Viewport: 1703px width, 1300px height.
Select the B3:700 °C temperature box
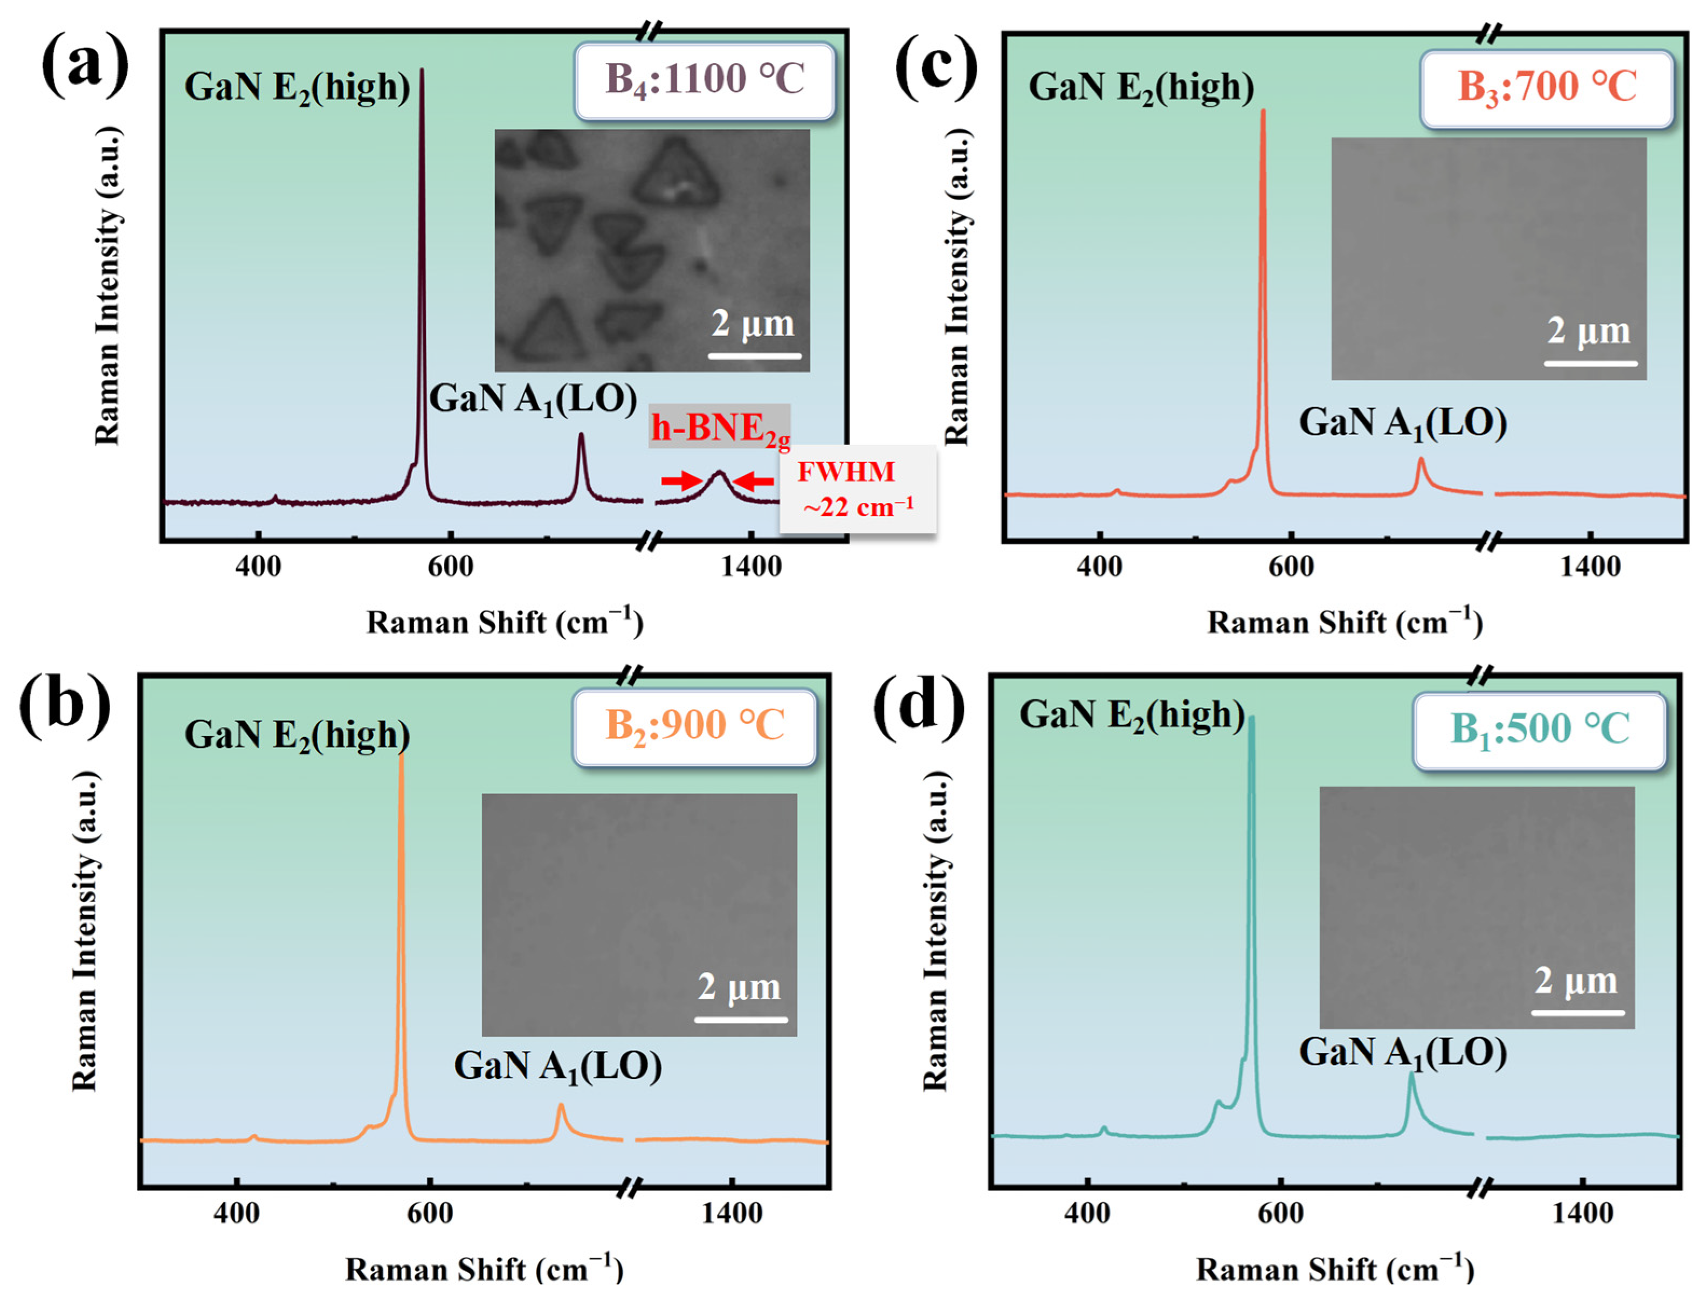pyautogui.click(x=1547, y=87)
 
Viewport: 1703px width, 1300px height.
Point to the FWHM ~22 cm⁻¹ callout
pyautogui.click(x=857, y=489)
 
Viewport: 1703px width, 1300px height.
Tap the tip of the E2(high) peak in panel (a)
pyautogui.click(x=422, y=72)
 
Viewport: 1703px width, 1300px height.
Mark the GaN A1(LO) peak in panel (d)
pyautogui.click(x=1410, y=1076)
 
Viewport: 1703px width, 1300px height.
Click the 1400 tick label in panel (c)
pyautogui.click(x=1589, y=567)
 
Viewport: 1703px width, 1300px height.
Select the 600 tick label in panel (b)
pyautogui.click(x=430, y=1213)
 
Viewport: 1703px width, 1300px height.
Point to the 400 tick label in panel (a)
pyautogui.click(x=258, y=567)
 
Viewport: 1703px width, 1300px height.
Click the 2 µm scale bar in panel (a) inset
pyautogui.click(x=754, y=355)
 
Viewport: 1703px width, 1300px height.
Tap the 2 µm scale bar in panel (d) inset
pyautogui.click(x=1577, y=1012)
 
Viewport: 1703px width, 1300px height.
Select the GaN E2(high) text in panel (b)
pyautogui.click(x=297, y=735)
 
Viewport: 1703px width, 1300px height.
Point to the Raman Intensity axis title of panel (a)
pyautogui.click(x=108, y=286)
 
